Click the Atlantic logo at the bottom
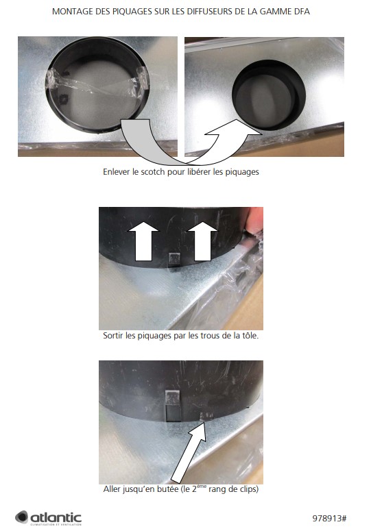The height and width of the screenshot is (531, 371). (48, 518)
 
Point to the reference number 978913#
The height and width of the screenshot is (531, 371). (329, 518)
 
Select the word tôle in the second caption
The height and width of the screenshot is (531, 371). (250, 336)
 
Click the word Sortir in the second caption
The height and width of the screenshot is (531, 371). (113, 336)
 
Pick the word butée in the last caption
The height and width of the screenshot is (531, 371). (167, 489)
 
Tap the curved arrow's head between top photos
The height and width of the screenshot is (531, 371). (234, 130)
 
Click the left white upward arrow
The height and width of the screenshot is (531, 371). (143, 241)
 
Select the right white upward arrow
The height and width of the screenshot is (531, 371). (202, 241)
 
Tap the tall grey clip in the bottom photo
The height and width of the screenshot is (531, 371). (173, 405)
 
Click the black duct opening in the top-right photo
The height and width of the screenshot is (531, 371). (269, 95)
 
